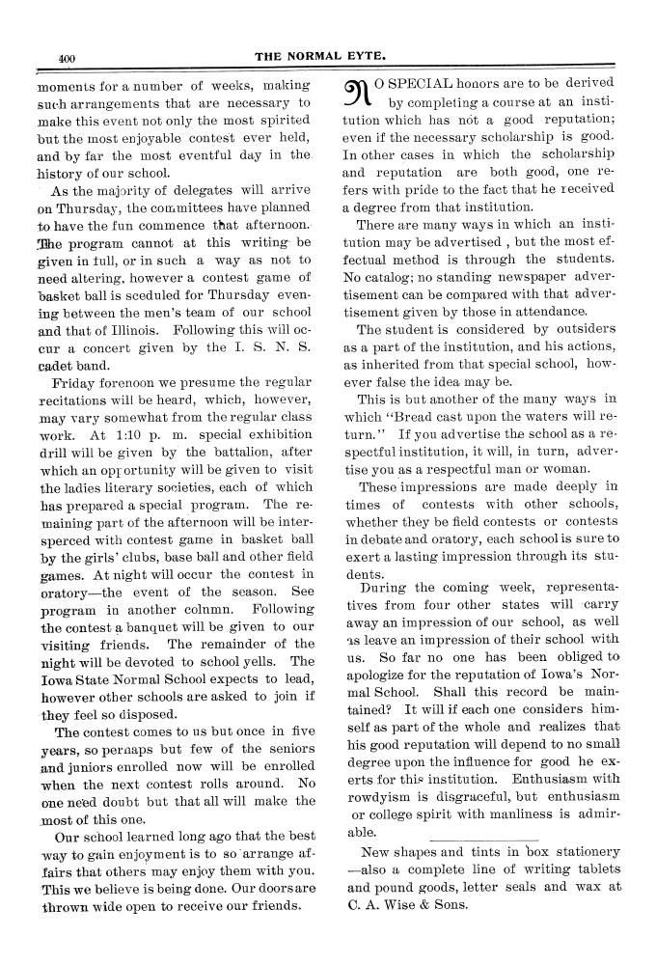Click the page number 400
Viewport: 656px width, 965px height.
click(x=67, y=58)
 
